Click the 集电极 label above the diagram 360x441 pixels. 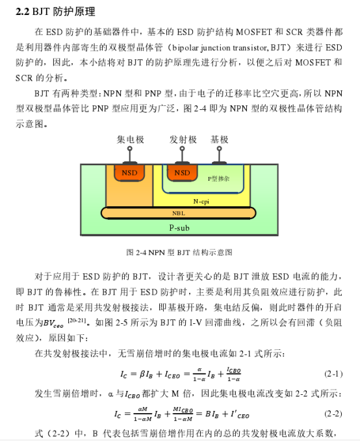pos(131,139)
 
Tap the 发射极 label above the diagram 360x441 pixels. pos(183,139)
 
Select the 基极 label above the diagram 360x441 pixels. pos(220,139)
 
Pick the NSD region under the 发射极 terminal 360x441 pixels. pos(183,173)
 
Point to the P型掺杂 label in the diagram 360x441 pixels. pos(219,178)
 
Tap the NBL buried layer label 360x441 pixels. pos(178,213)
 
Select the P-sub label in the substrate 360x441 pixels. pos(179,228)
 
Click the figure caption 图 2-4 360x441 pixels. pos(179,252)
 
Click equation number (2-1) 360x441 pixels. pos(333,374)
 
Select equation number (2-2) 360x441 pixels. pos(333,414)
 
